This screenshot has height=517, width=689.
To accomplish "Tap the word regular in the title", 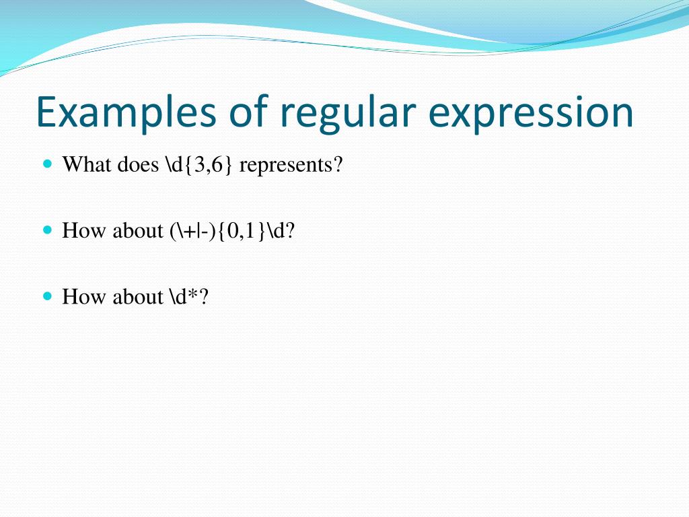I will tap(350, 112).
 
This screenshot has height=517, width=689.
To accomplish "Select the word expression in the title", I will tap(531, 112).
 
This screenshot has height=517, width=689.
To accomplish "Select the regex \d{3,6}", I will tap(198, 164).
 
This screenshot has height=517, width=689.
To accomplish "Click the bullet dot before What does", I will tap(47, 164).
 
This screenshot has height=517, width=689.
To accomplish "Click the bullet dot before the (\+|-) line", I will tap(47, 230).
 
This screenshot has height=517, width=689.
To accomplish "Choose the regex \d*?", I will tap(189, 297).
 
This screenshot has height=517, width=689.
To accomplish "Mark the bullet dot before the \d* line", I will tap(47, 296).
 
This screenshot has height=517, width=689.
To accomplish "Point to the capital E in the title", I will tap(47, 112).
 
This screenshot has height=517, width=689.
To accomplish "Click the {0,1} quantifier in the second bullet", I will tap(245, 231).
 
